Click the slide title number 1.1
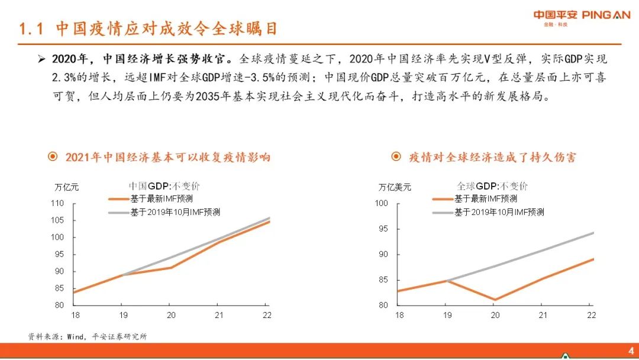click(x=31, y=29)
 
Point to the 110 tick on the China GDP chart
click(x=57, y=203)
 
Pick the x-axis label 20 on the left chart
click(x=171, y=316)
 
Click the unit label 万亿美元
click(x=395, y=187)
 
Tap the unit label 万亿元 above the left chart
click(x=66, y=187)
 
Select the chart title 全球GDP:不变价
click(x=492, y=186)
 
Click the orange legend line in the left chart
click(x=120, y=199)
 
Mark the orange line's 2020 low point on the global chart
click(x=495, y=300)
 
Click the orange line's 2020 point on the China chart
click(x=171, y=268)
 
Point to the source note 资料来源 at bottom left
click(x=46, y=336)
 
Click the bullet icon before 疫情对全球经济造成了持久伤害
click(x=396, y=157)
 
